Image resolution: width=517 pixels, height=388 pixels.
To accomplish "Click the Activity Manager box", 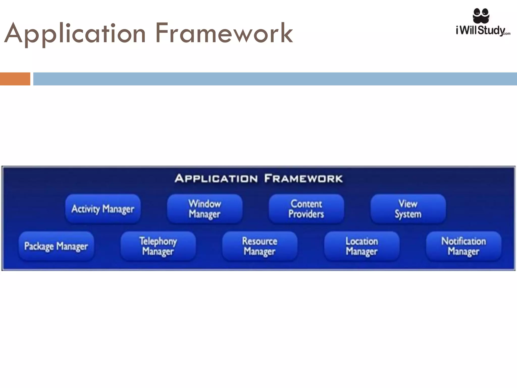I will point(103,209).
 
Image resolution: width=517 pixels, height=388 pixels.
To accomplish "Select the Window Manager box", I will point(205,209).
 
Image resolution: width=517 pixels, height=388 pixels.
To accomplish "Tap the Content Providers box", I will point(306,209).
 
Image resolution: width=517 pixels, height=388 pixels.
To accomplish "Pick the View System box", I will point(408,209).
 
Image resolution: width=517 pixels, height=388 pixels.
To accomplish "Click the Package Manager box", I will point(56,246).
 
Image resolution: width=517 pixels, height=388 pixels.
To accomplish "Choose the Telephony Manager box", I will point(158,246).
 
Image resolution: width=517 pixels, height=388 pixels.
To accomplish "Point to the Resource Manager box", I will point(260,246).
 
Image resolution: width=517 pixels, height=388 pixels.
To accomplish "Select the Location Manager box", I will point(362,246).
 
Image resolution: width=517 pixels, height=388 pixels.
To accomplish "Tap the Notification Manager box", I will point(463,246).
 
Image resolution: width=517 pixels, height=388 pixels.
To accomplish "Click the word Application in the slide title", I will point(75,34).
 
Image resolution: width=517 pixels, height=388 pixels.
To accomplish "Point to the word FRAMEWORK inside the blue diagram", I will point(303,179).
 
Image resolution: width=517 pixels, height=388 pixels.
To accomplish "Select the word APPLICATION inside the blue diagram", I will point(216,179).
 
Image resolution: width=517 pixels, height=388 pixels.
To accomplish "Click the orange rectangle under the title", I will point(15,79).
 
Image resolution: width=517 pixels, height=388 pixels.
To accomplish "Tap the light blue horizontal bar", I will point(275,79).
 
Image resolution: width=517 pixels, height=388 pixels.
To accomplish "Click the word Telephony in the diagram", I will point(158,241).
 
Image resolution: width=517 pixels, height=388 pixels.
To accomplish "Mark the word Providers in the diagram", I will point(306,214).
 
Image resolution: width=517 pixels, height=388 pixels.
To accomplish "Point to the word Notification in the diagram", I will point(463,241).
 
